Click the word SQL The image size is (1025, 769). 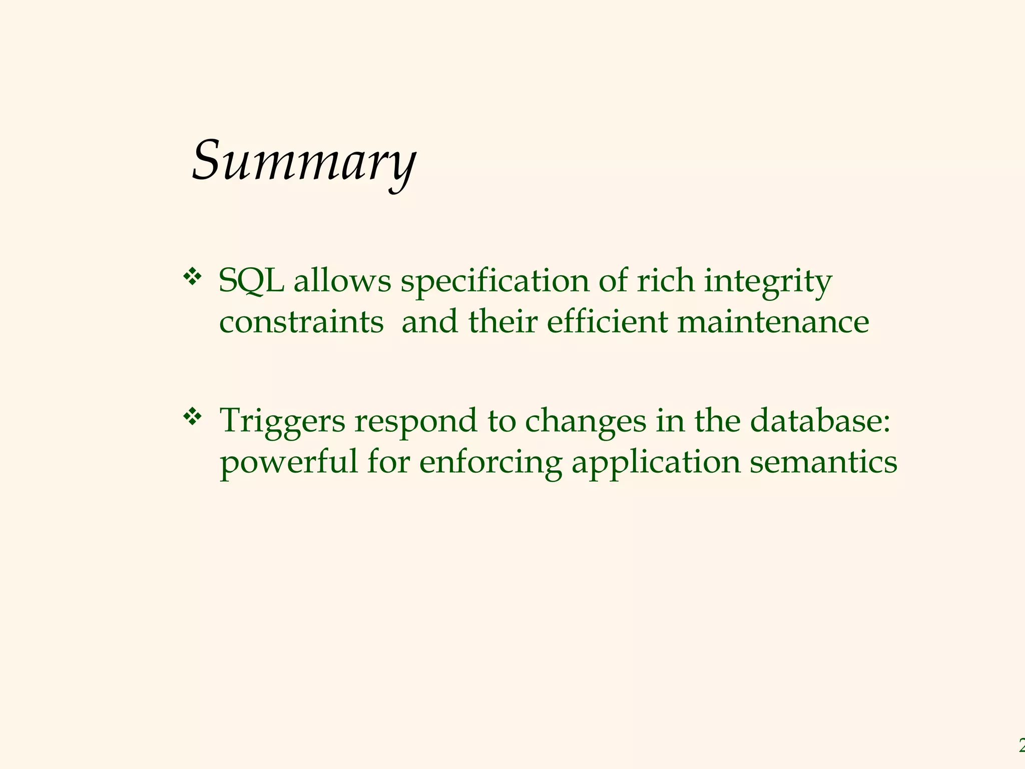(x=252, y=281)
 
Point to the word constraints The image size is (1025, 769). (x=301, y=322)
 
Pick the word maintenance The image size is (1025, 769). (x=773, y=322)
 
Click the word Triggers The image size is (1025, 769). (x=283, y=422)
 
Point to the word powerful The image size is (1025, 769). (x=289, y=462)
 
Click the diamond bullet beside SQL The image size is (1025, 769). (x=192, y=276)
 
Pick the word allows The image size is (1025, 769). (x=342, y=281)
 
